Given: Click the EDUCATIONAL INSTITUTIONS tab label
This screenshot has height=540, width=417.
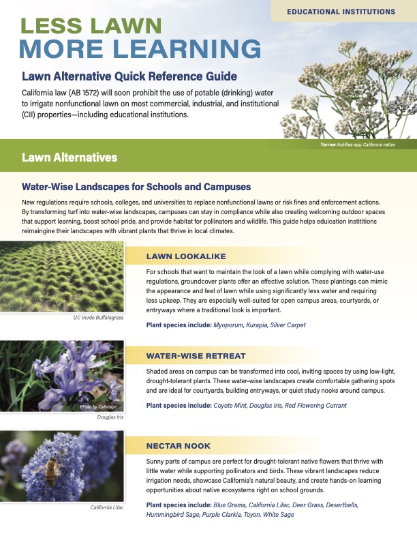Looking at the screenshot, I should (341, 12).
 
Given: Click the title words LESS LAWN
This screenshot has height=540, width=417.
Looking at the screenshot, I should (91, 27).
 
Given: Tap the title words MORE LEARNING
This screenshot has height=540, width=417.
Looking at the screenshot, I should (140, 50).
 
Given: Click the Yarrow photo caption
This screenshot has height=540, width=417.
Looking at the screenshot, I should (357, 145).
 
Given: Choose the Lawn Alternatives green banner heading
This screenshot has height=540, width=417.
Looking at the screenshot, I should (69, 157).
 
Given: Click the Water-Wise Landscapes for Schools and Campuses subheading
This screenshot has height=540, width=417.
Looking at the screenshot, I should (136, 186).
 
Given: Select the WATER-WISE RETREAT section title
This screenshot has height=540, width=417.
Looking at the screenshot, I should (196, 356).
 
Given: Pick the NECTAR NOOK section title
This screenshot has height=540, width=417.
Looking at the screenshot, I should (179, 446).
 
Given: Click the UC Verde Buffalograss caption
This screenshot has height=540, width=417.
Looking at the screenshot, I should (99, 318).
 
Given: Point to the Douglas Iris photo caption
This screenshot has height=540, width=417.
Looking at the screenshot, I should (111, 417).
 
